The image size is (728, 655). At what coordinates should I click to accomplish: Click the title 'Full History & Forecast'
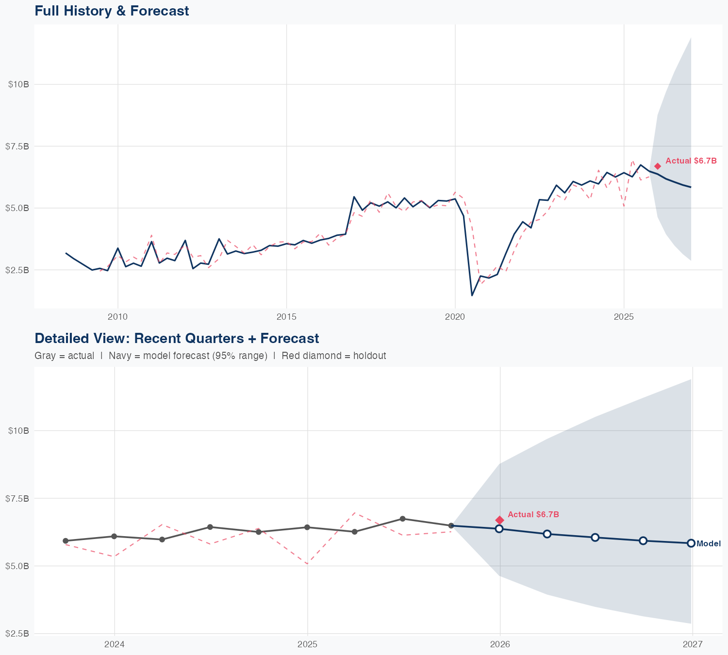(112, 11)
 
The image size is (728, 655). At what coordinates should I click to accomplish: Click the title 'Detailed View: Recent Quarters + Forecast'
(177, 338)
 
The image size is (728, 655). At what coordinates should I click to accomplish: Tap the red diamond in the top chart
(658, 166)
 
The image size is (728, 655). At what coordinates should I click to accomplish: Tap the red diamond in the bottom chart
(500, 520)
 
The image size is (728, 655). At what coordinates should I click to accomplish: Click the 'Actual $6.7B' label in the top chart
(691, 161)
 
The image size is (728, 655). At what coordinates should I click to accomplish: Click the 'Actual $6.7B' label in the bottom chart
(533, 514)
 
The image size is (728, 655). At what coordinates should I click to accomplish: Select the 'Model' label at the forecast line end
(708, 544)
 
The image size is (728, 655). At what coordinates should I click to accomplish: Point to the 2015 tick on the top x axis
(286, 317)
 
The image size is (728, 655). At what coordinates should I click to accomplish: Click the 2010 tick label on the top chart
(117, 317)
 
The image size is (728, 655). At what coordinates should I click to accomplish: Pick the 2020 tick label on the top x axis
(455, 317)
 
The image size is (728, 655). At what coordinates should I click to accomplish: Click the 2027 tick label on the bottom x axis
(693, 644)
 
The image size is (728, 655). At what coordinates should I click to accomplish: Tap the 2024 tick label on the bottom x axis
(115, 644)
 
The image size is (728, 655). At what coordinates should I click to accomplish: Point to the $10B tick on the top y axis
(18, 84)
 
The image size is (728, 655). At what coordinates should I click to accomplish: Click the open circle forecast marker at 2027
(691, 543)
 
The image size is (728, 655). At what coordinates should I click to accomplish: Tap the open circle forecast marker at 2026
(499, 528)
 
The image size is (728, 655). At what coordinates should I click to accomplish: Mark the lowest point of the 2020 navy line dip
(472, 295)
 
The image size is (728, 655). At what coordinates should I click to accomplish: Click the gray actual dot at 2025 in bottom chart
(307, 527)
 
